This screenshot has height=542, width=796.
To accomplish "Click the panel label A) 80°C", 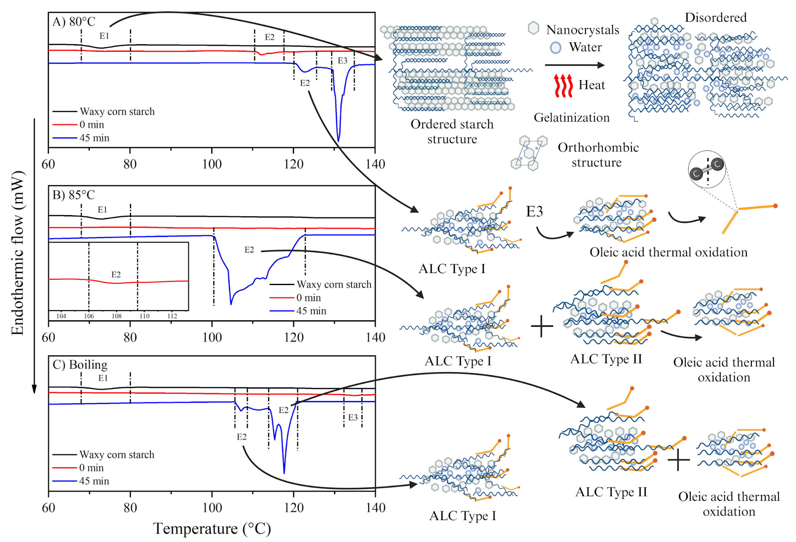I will coord(74,22).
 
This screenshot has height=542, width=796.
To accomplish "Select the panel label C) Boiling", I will coord(80,365).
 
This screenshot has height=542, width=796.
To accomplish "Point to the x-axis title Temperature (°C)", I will coord(212,528).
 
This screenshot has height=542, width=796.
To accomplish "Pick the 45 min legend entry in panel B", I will coord(311,311).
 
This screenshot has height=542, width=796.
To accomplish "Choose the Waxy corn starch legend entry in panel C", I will coord(116,454).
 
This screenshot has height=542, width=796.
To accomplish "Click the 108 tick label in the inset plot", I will coord(116,316).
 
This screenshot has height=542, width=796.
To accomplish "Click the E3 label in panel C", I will coord(353,417).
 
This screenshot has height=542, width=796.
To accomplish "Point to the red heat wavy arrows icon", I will coord(563,85).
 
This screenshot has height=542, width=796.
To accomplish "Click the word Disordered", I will coord(715,17).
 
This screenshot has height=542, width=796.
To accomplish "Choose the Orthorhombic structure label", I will coord(598,155).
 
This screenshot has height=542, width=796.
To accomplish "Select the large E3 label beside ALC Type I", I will coord(534,212).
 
